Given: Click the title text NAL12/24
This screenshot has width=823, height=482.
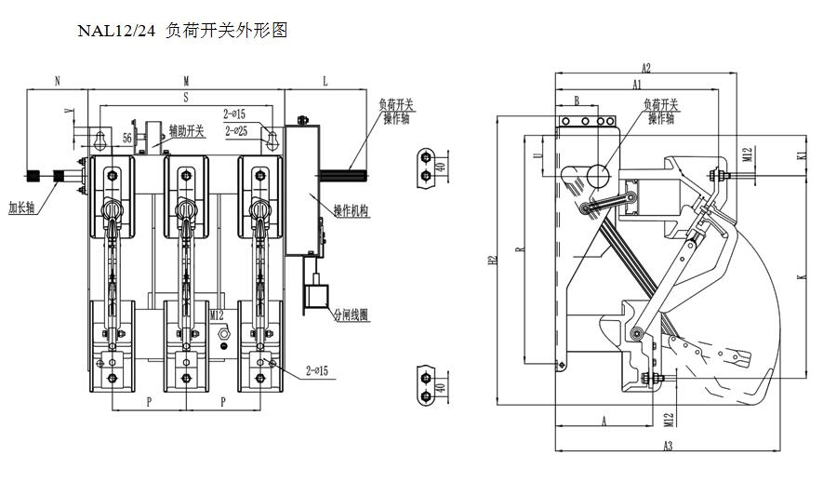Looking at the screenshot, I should pos(117,32).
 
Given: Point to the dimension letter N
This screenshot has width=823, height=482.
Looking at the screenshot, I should pos(57,82).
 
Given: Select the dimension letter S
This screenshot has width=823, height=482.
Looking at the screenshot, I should pos(186,96).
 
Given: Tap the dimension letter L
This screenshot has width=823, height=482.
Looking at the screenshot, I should pos(325,82).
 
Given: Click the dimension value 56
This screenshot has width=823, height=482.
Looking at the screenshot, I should pos(127,137).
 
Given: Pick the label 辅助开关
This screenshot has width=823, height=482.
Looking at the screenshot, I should pos(186,131).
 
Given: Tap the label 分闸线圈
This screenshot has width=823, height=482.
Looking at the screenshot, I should pos(351,315).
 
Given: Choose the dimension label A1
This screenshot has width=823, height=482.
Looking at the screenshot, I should pos(637,84).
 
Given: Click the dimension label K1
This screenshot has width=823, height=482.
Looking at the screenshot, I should pos(802,157).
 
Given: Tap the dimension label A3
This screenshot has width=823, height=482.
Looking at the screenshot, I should pos(668,448).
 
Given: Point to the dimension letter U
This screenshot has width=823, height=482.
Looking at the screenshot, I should pos(537,156).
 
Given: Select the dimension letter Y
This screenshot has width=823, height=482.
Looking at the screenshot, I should pos(67,111).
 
